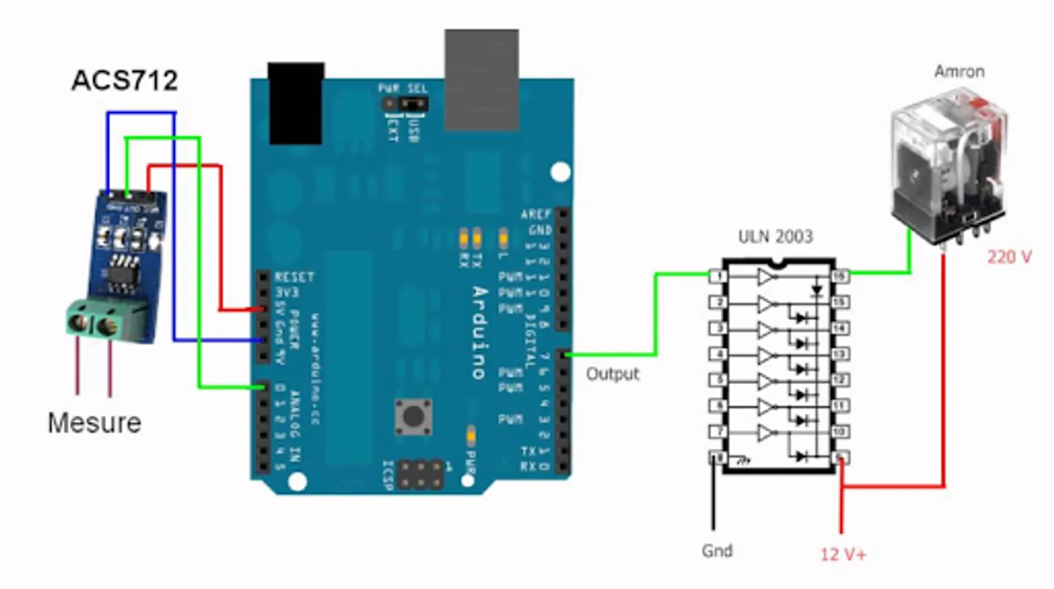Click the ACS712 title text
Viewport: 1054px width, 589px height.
point(124,80)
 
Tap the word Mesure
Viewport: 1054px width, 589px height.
point(94,423)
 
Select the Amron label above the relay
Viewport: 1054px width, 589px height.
point(958,71)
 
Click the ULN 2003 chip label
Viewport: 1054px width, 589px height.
point(775,236)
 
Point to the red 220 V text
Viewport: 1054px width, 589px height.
point(1009,257)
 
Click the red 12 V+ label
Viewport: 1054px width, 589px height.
point(843,555)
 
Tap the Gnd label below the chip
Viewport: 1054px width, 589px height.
point(716,551)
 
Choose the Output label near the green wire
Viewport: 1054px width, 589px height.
point(612,374)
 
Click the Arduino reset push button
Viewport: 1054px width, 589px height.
point(413,416)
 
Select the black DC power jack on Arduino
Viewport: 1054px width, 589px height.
point(296,103)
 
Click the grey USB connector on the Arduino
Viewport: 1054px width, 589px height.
point(482,79)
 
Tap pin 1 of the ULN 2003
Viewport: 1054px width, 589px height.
point(718,276)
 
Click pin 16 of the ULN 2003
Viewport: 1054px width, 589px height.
point(840,276)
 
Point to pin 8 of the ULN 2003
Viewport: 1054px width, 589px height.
point(718,457)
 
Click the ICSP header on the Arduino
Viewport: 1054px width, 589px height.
point(420,474)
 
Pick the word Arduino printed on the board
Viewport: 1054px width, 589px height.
point(480,332)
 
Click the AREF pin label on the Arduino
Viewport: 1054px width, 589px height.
point(536,215)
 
